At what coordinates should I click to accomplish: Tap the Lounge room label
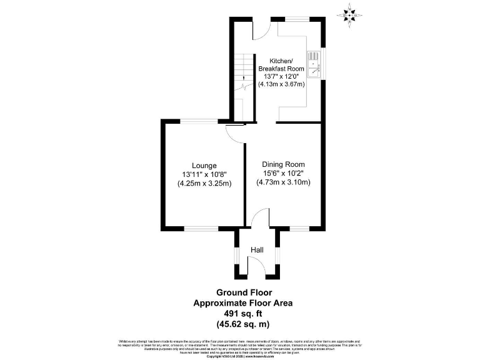click(204, 165)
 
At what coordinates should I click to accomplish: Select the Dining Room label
click(283, 164)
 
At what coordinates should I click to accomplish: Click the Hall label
click(257, 250)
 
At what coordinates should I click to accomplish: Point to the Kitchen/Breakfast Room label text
click(281, 64)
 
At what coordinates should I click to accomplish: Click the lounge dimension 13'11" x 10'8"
click(204, 174)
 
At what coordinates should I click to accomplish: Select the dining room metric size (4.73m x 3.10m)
click(283, 182)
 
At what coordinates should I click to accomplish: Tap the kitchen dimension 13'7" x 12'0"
click(281, 76)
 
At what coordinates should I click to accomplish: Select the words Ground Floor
click(244, 292)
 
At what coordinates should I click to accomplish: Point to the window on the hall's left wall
click(236, 256)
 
